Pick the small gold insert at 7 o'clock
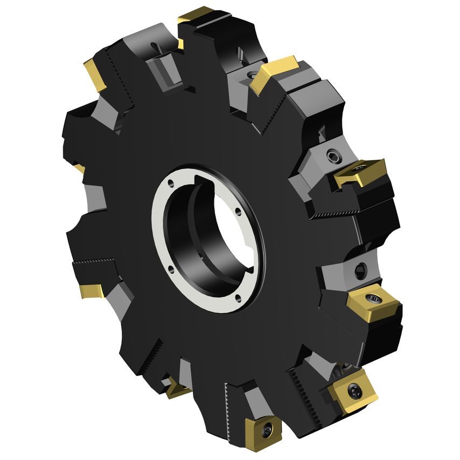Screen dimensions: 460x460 177,387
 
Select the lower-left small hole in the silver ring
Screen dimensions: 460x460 172,265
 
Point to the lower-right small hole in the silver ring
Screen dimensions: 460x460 238,296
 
